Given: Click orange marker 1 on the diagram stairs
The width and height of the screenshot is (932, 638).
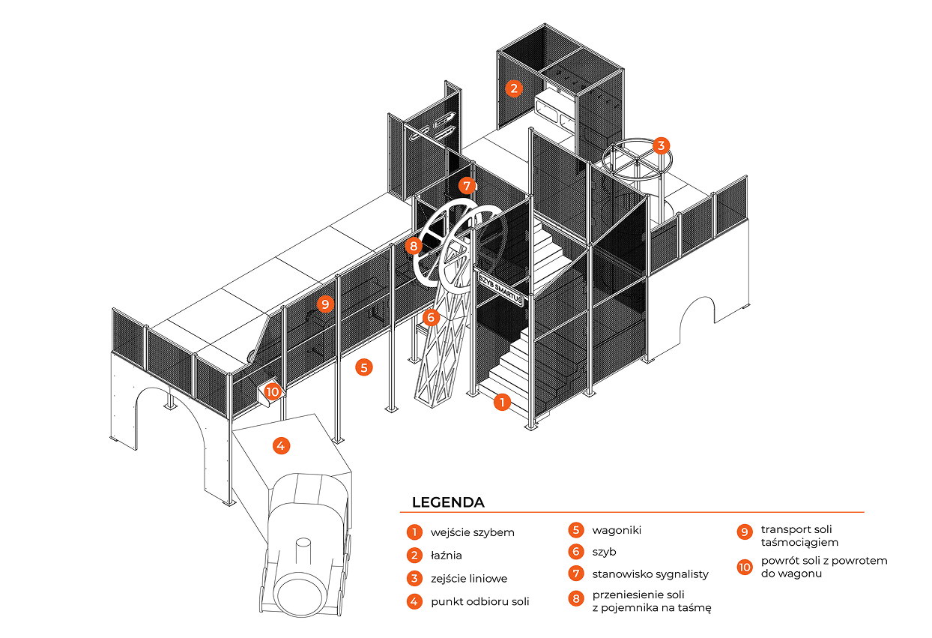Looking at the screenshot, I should click(x=502, y=403).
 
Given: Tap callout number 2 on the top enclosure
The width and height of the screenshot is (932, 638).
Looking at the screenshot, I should click(x=513, y=88).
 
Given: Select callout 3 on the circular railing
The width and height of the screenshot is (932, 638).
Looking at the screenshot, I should click(x=660, y=145).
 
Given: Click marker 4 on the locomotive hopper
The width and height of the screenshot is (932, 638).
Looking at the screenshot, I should click(x=280, y=446).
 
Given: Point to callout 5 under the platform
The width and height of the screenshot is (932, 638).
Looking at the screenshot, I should click(x=363, y=367).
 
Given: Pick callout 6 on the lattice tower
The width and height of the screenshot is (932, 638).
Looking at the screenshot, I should click(x=429, y=317).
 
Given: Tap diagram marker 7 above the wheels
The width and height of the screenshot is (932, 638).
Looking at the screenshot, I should click(x=467, y=185).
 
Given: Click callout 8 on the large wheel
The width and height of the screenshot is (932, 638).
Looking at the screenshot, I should click(x=412, y=245).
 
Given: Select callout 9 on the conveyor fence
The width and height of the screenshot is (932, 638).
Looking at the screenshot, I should click(x=324, y=304).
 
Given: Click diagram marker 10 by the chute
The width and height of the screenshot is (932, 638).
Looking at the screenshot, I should click(x=272, y=391).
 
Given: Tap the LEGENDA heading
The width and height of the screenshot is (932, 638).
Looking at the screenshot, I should click(x=448, y=502).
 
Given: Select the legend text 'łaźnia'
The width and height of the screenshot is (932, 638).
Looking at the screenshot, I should click(x=447, y=556).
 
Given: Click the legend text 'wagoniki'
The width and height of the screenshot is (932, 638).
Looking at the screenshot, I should click(x=617, y=530).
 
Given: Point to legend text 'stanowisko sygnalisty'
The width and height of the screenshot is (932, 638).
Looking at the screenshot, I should click(x=650, y=574).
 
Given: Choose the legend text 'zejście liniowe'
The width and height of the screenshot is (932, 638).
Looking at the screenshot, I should click(x=469, y=579).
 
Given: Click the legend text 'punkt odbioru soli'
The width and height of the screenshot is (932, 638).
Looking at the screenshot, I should click(x=480, y=602).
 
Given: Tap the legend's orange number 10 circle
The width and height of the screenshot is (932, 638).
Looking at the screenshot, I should click(x=744, y=568).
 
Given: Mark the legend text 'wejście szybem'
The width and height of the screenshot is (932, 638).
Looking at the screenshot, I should click(x=473, y=532).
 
